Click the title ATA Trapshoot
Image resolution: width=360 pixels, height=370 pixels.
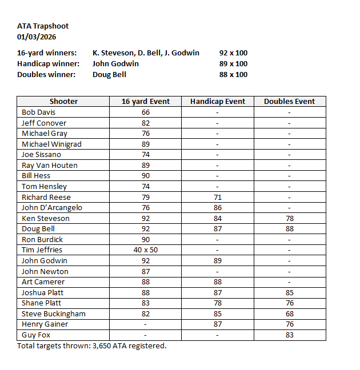[43, 26]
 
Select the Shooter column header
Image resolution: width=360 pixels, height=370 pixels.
[63, 102]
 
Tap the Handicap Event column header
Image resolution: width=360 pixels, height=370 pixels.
[218, 102]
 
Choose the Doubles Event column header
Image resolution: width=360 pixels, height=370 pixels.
[289, 102]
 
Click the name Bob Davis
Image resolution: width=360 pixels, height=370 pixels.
[38, 112]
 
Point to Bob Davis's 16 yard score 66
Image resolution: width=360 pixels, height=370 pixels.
[146, 112]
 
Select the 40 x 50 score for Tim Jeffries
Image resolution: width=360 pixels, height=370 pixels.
[146, 250]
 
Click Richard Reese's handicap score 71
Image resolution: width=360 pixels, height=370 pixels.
[218, 197]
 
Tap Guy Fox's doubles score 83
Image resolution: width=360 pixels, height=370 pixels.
[289, 335]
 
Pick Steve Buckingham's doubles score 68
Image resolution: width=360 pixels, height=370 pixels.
[289, 314]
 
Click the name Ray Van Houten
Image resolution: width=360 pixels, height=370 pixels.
[50, 166]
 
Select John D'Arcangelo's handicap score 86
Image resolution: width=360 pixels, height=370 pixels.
[218, 208]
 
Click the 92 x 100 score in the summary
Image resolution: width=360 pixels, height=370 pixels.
[233, 53]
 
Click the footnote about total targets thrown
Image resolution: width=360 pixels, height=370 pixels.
[92, 345]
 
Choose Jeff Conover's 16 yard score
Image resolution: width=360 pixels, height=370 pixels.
[146, 123]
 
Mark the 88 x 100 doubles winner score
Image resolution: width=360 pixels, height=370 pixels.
[233, 74]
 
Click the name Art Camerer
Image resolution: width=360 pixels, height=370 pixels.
[43, 282]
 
